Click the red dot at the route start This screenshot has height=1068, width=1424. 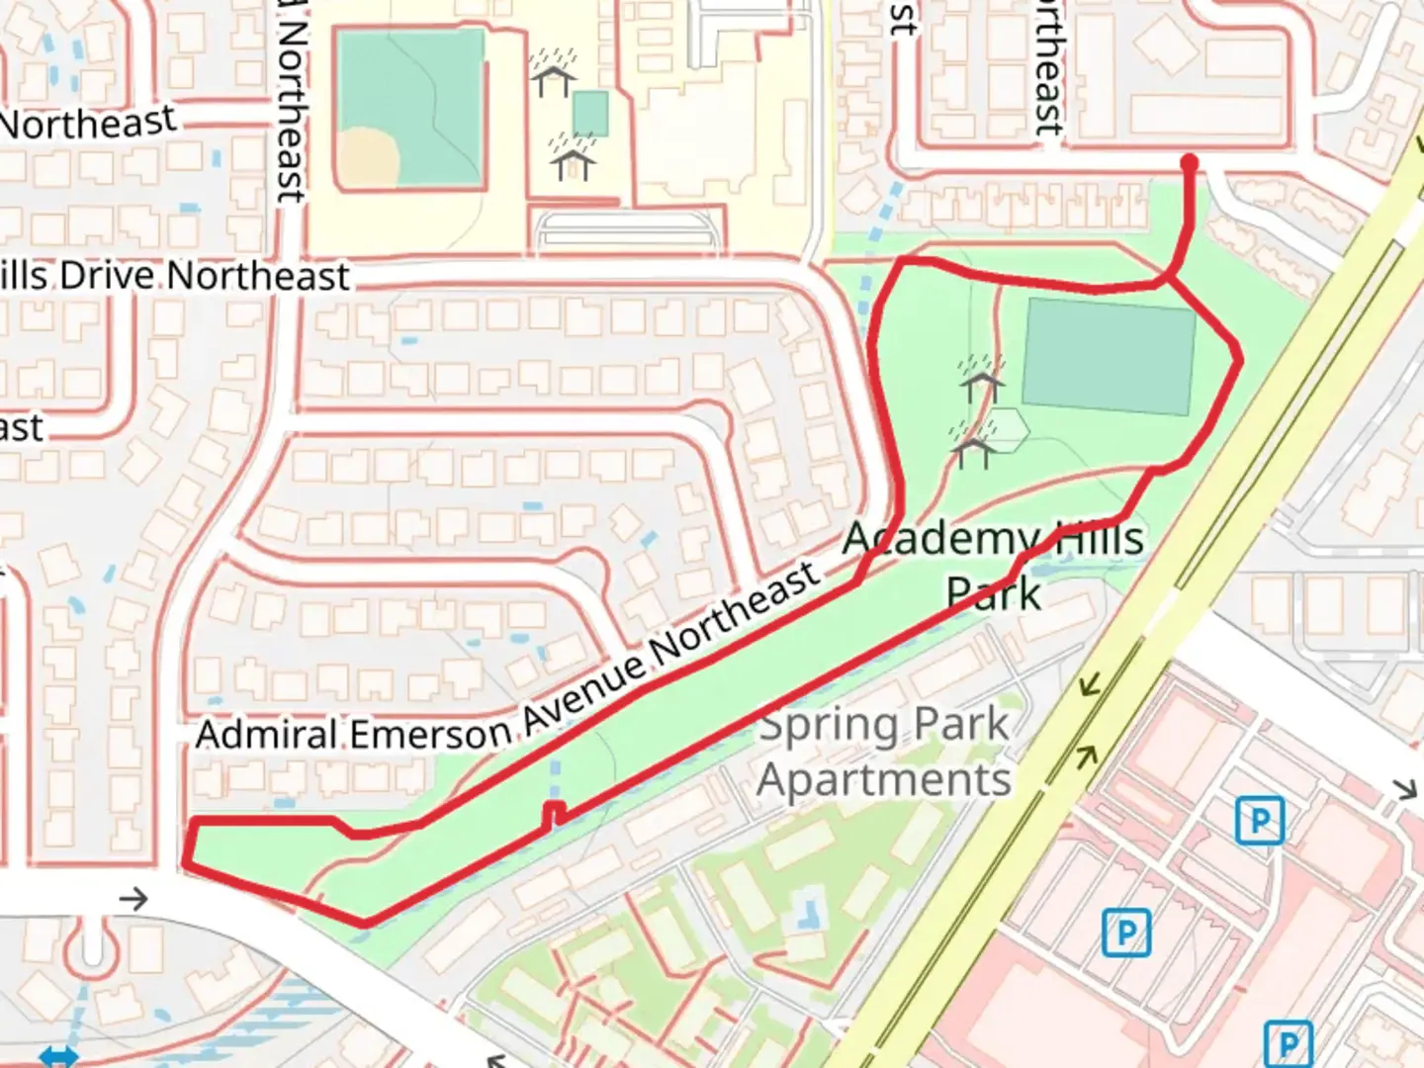[x=1190, y=162]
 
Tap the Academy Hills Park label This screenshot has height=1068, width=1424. [x=994, y=565]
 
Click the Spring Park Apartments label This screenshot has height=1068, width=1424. [x=883, y=752]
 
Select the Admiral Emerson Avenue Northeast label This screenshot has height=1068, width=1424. [x=507, y=673]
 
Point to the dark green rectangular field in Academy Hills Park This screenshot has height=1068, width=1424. [x=1108, y=356]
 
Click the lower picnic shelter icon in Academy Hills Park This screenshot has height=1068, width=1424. [x=973, y=448]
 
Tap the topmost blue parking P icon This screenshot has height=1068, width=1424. [x=1259, y=821]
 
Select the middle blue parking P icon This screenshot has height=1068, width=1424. [x=1126, y=933]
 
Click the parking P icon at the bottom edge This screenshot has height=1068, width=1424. [x=1289, y=1044]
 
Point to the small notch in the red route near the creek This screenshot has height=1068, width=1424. [x=555, y=814]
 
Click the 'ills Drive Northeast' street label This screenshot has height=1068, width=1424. [x=174, y=276]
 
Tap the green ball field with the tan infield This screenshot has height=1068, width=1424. [x=410, y=109]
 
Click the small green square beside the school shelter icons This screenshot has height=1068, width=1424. [x=590, y=114]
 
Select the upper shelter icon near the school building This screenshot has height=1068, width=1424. [x=554, y=75]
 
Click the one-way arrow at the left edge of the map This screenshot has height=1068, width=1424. [x=133, y=899]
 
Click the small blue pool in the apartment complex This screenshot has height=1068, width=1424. [x=809, y=909]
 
